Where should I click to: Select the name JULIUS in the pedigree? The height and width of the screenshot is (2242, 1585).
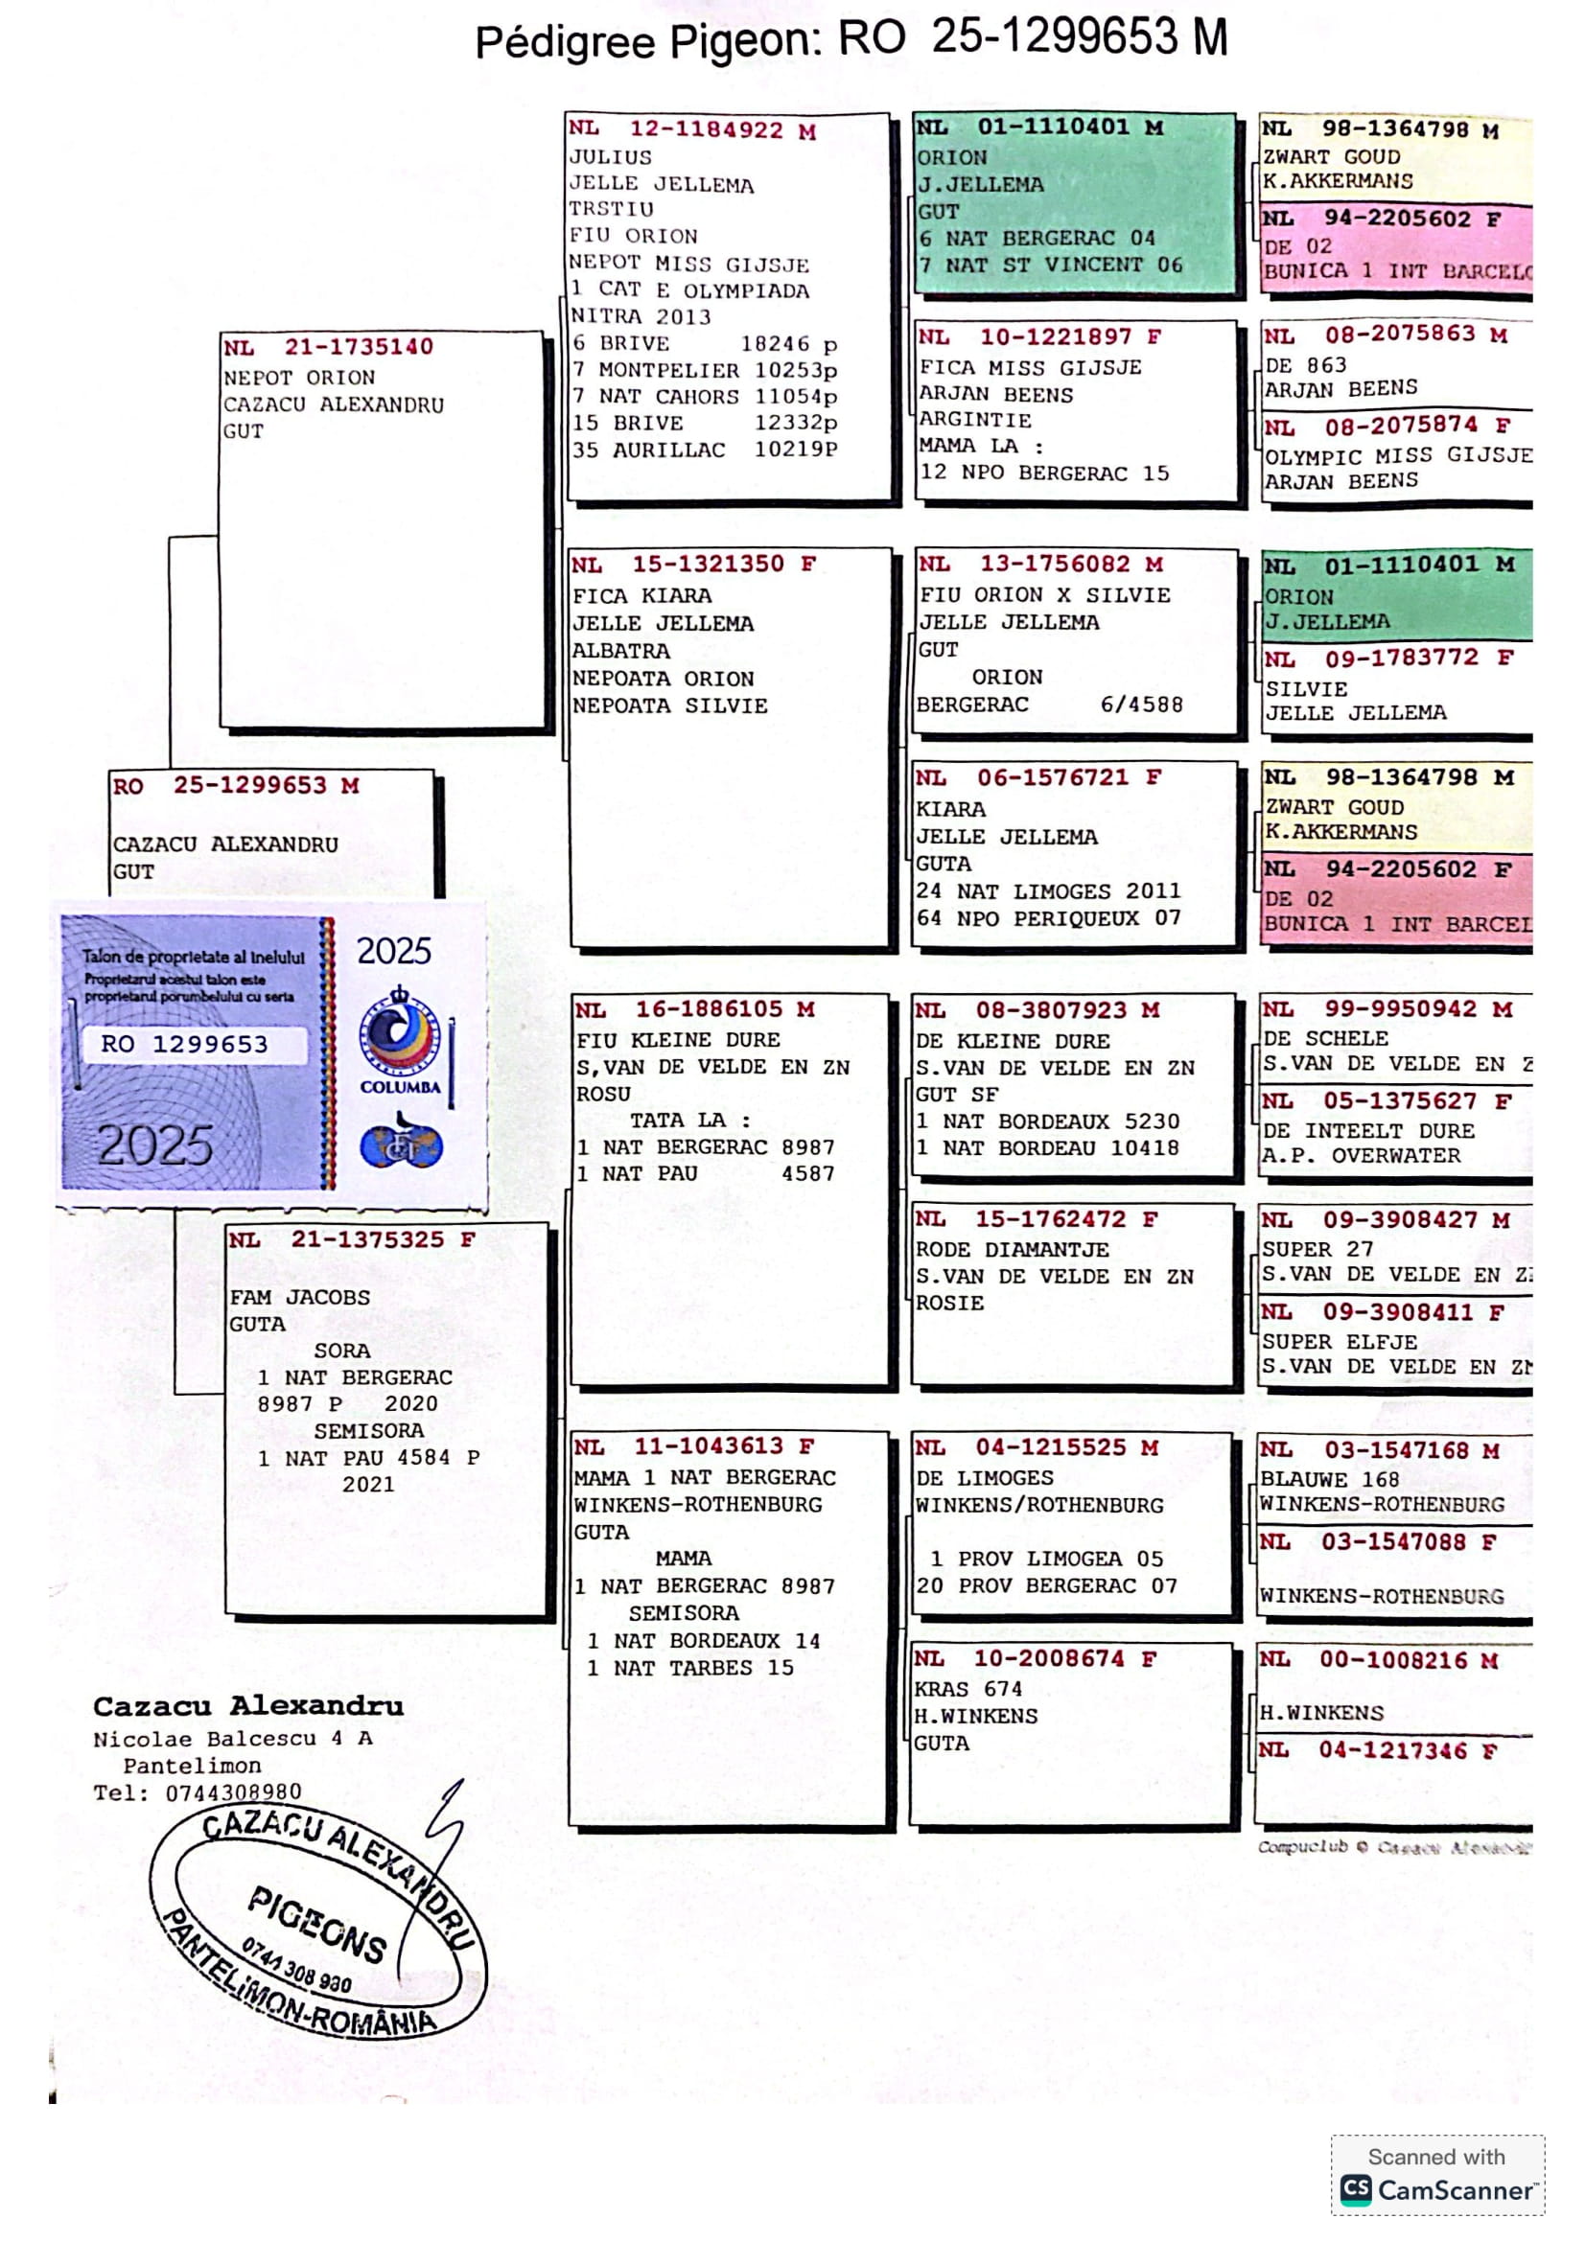(x=611, y=157)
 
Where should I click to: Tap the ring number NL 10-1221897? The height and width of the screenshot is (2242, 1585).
(x=1039, y=337)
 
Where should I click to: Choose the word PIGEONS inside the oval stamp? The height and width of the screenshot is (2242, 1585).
(x=317, y=1924)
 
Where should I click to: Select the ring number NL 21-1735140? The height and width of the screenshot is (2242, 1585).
(x=328, y=348)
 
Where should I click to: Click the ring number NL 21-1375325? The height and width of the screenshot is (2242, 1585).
(x=352, y=1240)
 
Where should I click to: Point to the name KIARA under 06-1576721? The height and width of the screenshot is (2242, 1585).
(x=950, y=810)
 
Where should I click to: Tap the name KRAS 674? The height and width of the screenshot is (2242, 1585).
(x=967, y=1688)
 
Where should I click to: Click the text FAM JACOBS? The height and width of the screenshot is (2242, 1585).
(x=300, y=1298)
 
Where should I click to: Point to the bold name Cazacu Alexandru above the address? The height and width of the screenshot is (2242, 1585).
(x=248, y=1706)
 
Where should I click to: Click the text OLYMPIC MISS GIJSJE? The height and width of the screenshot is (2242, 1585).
(x=1397, y=456)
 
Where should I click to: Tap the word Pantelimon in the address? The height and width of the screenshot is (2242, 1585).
(x=193, y=1766)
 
